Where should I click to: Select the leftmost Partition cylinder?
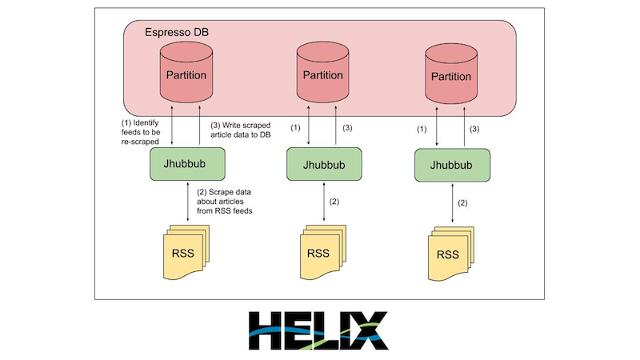click(186, 74)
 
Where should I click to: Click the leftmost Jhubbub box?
click(186, 163)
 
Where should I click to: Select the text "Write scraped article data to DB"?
click(243, 131)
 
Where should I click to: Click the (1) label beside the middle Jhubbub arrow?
click(297, 128)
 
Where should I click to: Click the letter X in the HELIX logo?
click(370, 330)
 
